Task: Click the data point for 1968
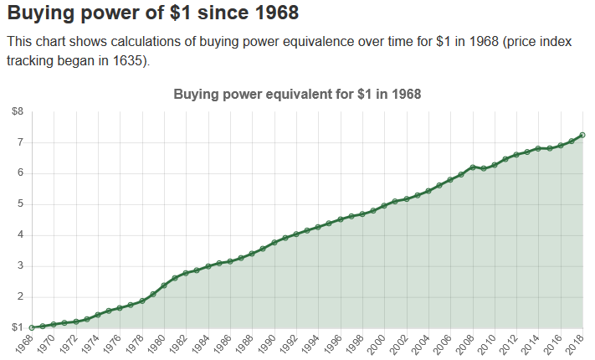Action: tap(32, 327)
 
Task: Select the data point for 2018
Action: tap(582, 135)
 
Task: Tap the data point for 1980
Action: tap(164, 285)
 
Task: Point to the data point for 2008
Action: tap(472, 167)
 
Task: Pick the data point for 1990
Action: tap(274, 243)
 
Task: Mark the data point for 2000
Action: tap(384, 205)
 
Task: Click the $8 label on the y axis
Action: tap(18, 111)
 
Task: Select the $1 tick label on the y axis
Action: tap(18, 327)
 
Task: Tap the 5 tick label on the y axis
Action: tap(20, 203)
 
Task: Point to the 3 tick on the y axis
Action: tap(20, 265)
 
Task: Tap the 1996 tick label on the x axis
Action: tap(335, 344)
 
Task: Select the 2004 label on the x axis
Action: tap(423, 344)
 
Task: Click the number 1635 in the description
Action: tap(128, 61)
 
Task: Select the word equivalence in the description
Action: tap(305, 41)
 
